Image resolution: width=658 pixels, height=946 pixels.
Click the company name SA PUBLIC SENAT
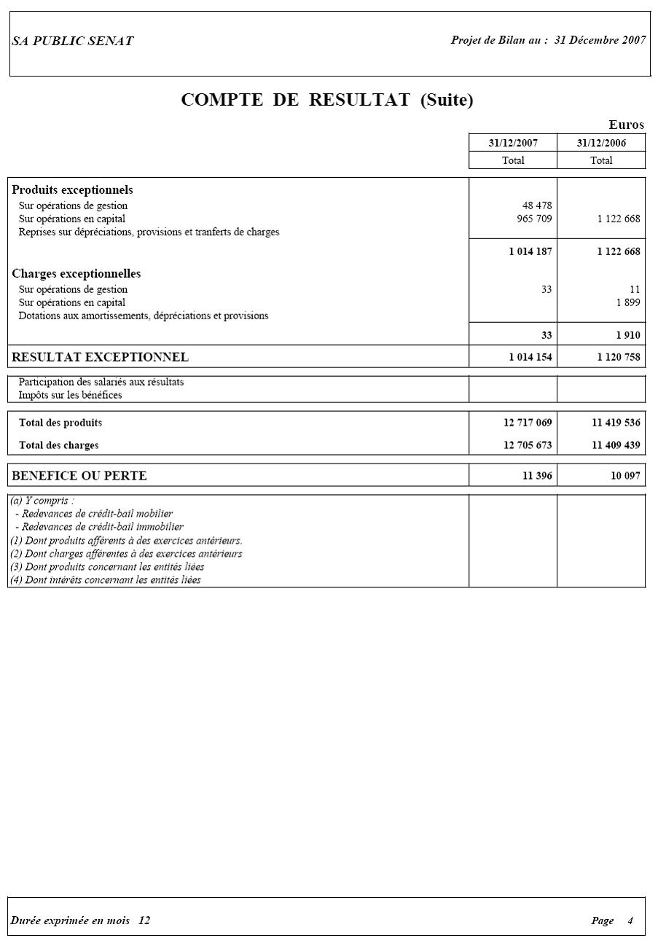(x=72, y=42)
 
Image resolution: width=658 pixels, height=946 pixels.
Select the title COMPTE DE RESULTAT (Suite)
(x=327, y=100)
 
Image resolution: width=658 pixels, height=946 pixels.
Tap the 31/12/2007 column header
(x=513, y=143)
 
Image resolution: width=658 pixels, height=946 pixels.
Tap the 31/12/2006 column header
(x=601, y=143)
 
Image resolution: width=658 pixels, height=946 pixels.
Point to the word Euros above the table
(x=626, y=125)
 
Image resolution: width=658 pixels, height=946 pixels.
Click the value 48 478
(x=537, y=206)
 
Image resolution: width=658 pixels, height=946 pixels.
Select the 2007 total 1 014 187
(x=530, y=251)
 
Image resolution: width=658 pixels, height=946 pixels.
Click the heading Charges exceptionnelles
(x=77, y=274)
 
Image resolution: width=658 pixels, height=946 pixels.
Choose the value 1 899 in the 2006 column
(x=628, y=302)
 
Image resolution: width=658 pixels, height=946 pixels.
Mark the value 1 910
(x=628, y=336)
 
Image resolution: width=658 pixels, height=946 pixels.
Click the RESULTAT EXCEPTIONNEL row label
(x=100, y=357)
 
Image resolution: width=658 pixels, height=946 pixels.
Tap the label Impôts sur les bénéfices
(x=70, y=395)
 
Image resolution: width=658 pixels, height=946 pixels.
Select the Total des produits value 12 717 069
(x=528, y=423)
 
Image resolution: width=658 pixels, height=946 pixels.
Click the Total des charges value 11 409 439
(x=616, y=445)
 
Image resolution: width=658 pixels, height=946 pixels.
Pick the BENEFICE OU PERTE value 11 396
(x=538, y=476)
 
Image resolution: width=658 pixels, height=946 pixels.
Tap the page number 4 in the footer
(x=630, y=920)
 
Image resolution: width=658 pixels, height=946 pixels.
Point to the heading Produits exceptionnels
(x=72, y=190)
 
